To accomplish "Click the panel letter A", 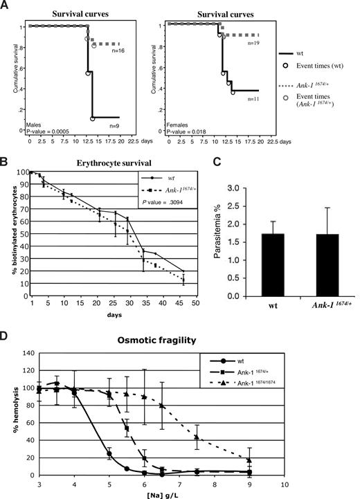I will pos(6,7).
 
